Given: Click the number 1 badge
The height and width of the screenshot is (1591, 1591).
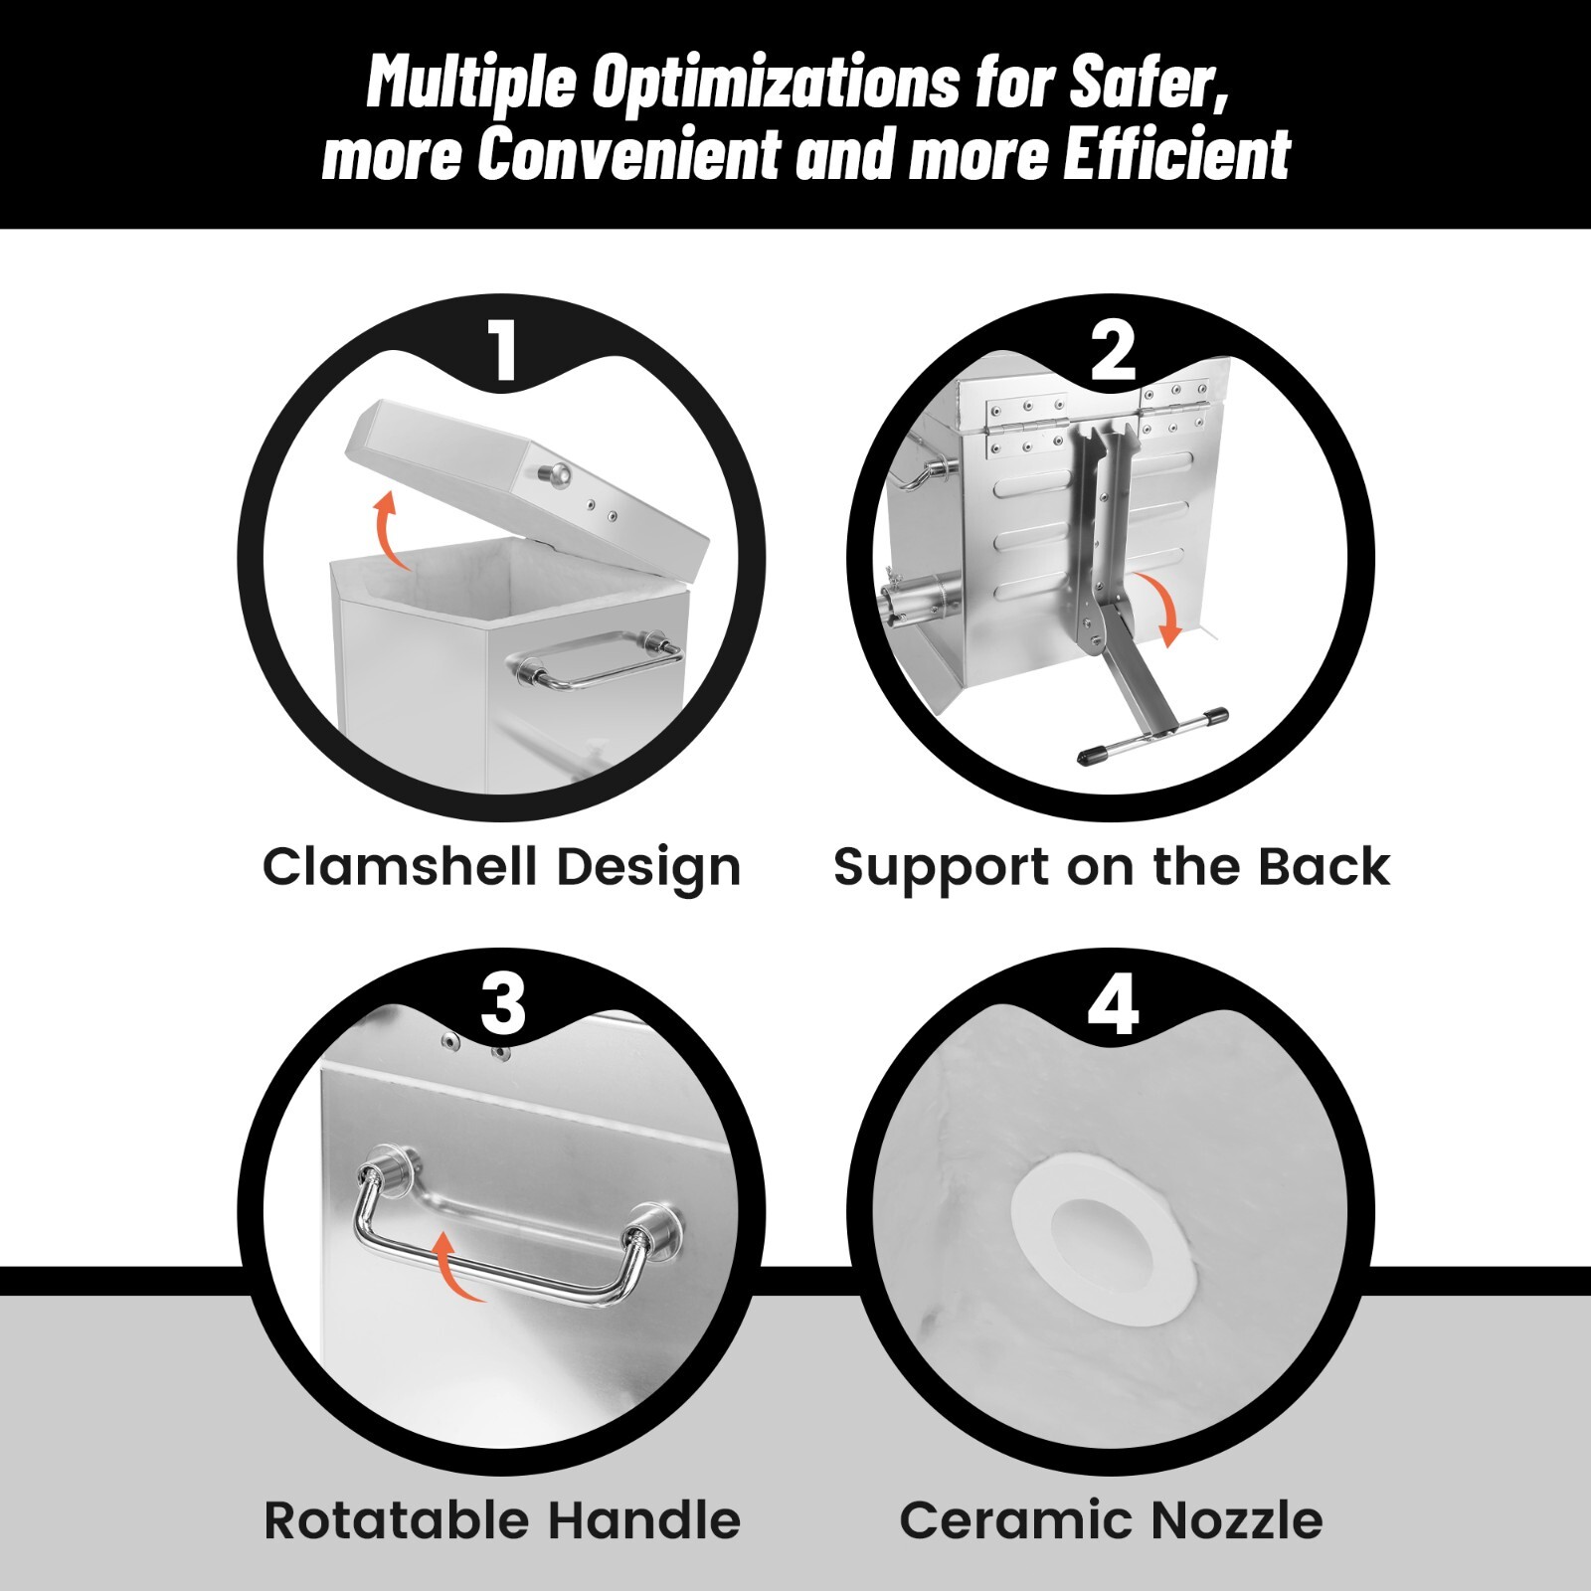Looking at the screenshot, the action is pyautogui.click(x=504, y=349).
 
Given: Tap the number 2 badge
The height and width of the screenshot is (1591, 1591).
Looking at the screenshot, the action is pyautogui.click(x=1113, y=350).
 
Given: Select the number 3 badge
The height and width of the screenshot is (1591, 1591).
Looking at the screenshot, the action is pyautogui.click(x=502, y=1004).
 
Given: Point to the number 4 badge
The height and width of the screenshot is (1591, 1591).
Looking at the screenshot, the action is pyautogui.click(x=1113, y=1004).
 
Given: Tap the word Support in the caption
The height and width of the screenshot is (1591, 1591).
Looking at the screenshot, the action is pyautogui.click(x=944, y=868).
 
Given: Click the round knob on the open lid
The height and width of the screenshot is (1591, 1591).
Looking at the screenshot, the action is pyautogui.click(x=555, y=476).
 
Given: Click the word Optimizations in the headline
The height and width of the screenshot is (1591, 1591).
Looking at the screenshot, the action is pyautogui.click(x=776, y=84).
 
